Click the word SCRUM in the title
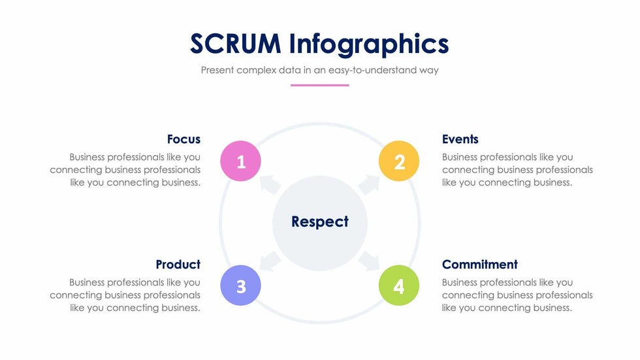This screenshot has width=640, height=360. [x=236, y=43]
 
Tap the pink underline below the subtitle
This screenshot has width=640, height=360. [x=319, y=86]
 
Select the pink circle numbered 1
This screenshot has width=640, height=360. [x=240, y=161]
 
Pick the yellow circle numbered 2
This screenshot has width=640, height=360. [x=399, y=161]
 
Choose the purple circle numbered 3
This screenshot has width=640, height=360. [x=240, y=286]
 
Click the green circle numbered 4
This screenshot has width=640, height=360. [x=399, y=286]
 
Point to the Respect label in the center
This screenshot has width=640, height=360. [x=320, y=222]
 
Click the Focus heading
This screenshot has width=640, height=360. [x=184, y=139]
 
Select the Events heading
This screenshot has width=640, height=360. [x=460, y=139]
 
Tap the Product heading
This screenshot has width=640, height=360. [x=178, y=265]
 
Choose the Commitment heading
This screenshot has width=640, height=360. [x=479, y=265]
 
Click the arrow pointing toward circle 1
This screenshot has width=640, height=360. [x=270, y=184]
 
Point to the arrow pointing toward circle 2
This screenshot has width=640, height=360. [x=369, y=184]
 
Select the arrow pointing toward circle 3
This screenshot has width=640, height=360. [x=270, y=261]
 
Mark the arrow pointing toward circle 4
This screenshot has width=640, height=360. [x=369, y=261]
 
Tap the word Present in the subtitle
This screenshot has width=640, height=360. [x=217, y=70]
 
